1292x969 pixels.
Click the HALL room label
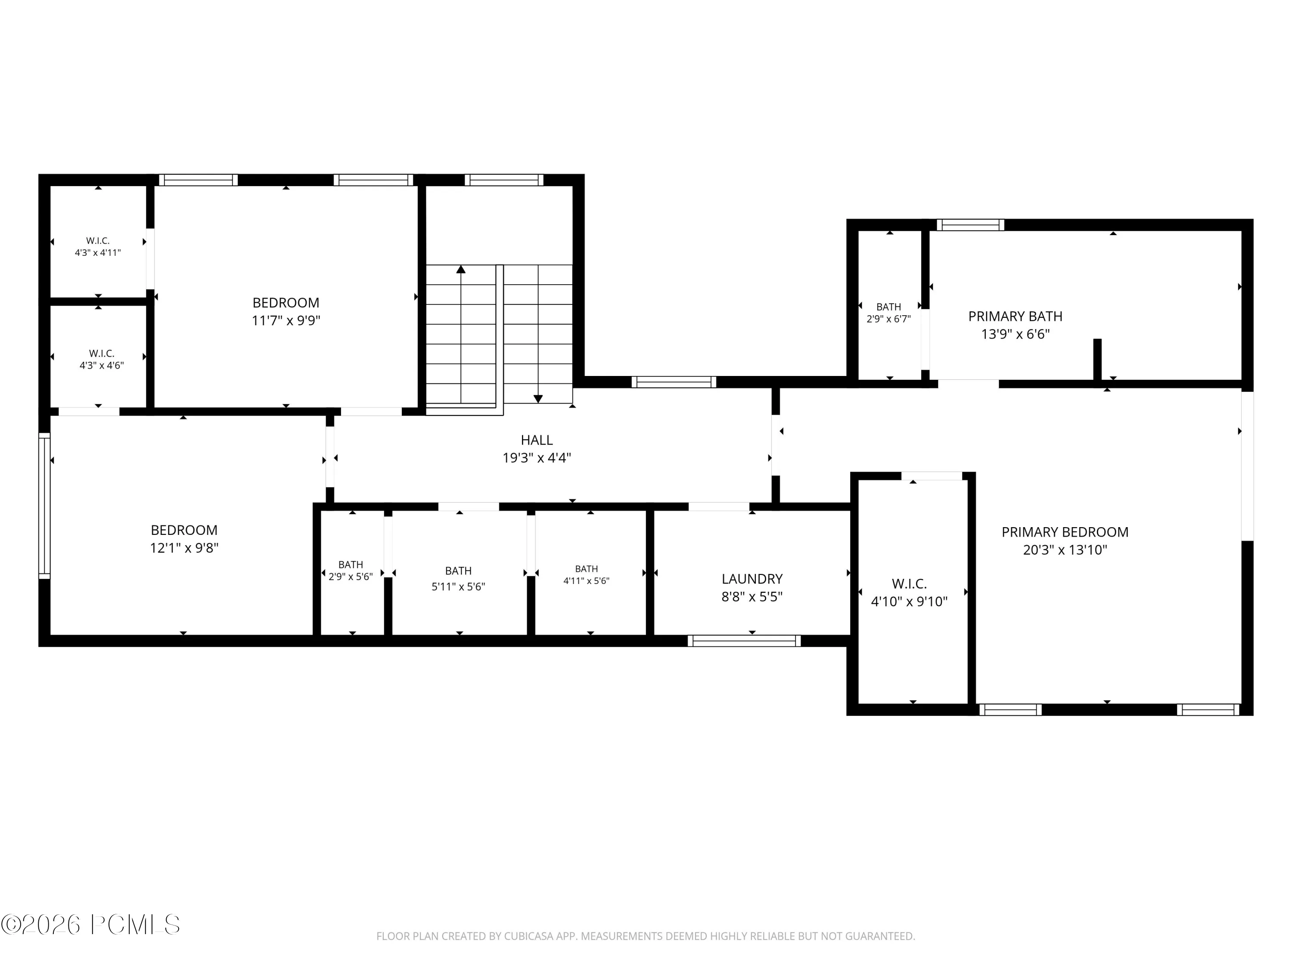pyautogui.click(x=537, y=440)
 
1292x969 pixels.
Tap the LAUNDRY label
pyautogui.click(x=752, y=579)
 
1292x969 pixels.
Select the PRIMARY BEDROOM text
pyautogui.click(x=1065, y=532)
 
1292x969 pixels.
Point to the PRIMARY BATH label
pyautogui.click(x=1015, y=317)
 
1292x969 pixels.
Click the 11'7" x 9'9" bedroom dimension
pyautogui.click(x=286, y=320)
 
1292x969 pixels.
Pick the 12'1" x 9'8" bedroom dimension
pyautogui.click(x=184, y=548)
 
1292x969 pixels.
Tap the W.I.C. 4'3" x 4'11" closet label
pyautogui.click(x=97, y=246)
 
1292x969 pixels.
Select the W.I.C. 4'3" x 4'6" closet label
pyautogui.click(x=102, y=359)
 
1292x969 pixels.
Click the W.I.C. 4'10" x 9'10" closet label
pyautogui.click(x=909, y=592)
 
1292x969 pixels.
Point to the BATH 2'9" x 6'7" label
pyautogui.click(x=888, y=313)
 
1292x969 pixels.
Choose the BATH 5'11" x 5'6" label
pyautogui.click(x=459, y=579)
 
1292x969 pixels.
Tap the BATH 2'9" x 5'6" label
pyautogui.click(x=351, y=571)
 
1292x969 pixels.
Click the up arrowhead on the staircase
pyautogui.click(x=461, y=269)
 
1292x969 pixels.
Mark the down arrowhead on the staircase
pyautogui.click(x=538, y=399)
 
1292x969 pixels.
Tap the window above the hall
pyautogui.click(x=674, y=382)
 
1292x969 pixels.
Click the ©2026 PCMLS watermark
pyautogui.click(x=90, y=925)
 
